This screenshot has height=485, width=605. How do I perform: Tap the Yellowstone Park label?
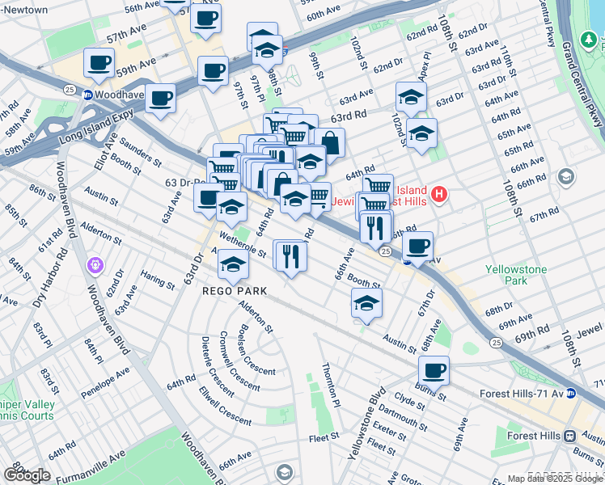pyautogui.click(x=516, y=275)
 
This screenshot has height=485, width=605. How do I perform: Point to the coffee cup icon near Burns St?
pyautogui.click(x=434, y=370)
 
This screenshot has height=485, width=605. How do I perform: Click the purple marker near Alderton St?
pyautogui.click(x=95, y=264)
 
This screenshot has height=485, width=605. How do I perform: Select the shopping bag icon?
pyautogui.click(x=329, y=143)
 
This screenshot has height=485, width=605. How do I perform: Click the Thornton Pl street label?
pyautogui.click(x=330, y=385)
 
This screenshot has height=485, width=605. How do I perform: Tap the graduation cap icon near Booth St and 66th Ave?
pyautogui.click(x=366, y=303)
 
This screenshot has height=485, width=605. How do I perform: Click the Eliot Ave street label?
pyautogui.click(x=101, y=153)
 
